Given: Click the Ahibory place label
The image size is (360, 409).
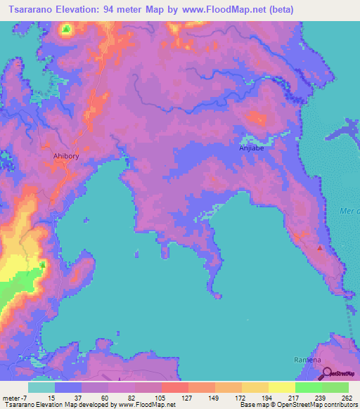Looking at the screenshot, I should pos(67,158).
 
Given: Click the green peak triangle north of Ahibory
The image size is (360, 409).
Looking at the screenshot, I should pos(65,30).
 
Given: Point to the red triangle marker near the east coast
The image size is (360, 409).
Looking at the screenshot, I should pos(321,247).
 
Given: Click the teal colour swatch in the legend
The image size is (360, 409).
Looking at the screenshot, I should pos(41,387).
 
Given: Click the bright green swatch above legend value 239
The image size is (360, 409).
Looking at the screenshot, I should pos(308,387).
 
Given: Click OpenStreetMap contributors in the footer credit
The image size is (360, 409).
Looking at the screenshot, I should pos(324,405).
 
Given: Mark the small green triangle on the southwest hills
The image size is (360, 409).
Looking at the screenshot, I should pos(42,264).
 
